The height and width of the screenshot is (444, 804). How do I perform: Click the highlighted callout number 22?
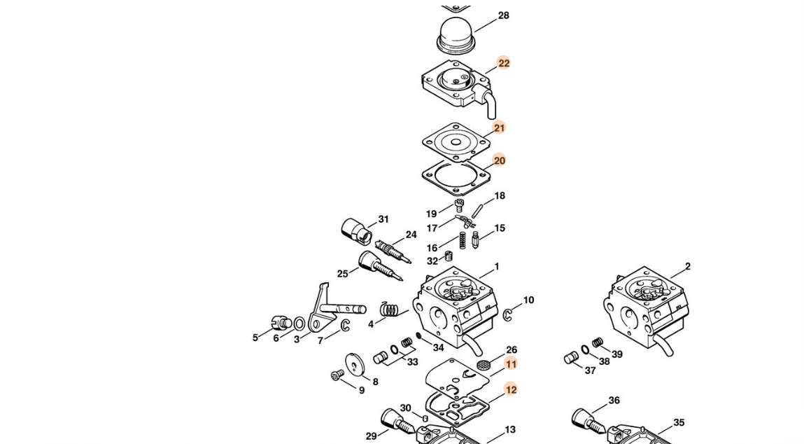504,63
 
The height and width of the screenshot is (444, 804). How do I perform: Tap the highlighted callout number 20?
499,160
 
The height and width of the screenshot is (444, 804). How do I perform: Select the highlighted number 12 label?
511,389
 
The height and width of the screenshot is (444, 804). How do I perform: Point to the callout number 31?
383,219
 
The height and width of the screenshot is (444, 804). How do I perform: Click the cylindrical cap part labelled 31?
355,232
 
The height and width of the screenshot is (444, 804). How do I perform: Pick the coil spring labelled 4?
390,310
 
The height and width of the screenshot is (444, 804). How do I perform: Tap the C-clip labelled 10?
507,315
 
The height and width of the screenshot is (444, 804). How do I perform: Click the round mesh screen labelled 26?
483,366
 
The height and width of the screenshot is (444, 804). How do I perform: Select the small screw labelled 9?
337,375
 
